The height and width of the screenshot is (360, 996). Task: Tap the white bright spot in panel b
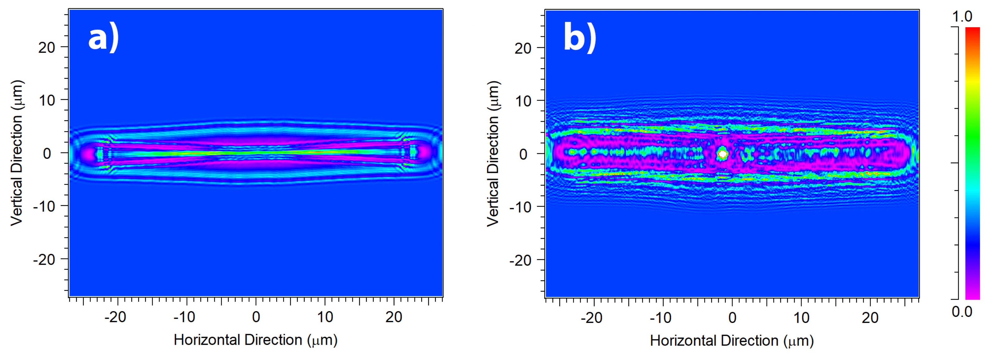coord(722,154)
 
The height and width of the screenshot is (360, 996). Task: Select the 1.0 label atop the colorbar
coord(962,16)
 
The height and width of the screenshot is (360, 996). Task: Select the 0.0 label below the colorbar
coord(962,311)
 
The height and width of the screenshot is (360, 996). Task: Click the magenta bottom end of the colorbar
coord(972,296)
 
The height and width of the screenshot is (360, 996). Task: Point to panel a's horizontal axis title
coord(255,340)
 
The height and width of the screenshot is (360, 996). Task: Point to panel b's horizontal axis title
coord(732,341)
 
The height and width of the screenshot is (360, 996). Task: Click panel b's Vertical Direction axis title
coord(493,154)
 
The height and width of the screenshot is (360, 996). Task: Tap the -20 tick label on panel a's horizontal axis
coord(115,317)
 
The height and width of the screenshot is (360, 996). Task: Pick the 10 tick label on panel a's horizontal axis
coord(325,317)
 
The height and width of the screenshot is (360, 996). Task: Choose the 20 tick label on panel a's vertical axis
coord(47,48)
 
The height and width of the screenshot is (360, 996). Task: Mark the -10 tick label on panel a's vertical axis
coord(44,206)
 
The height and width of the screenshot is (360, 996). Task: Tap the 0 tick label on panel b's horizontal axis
coord(732,318)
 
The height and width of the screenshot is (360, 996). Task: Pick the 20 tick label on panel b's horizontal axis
coord(870,318)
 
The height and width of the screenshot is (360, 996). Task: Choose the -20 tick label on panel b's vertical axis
coord(521,260)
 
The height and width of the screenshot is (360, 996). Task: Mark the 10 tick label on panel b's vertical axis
coord(523,101)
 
